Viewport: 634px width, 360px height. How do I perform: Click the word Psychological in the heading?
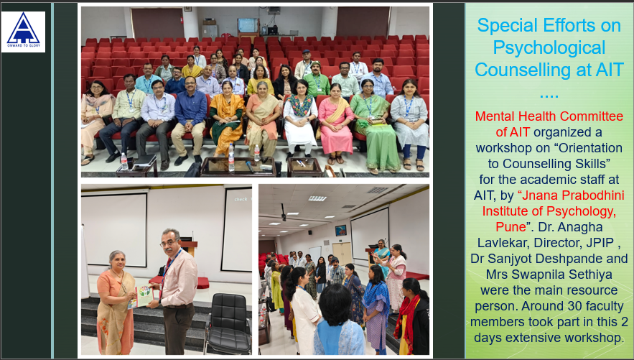pyautogui.click(x=549, y=47)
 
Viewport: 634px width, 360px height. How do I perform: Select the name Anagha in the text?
pyautogui.click(x=581, y=226)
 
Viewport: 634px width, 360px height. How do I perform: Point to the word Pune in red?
pyautogui.click(x=511, y=226)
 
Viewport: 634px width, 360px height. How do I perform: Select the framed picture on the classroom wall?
pyautogui.click(x=340, y=230)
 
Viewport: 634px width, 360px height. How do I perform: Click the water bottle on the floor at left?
pyautogui.click(x=124, y=161)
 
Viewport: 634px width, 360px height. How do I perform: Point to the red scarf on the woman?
pyautogui.click(x=406, y=314)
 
